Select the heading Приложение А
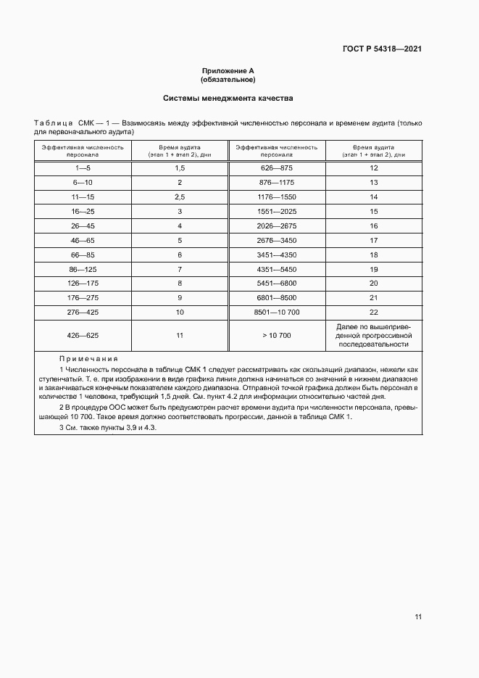click(x=228, y=71)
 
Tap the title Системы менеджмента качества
click(x=228, y=98)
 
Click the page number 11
click(x=418, y=617)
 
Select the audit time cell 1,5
click(x=180, y=168)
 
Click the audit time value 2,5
click(x=180, y=197)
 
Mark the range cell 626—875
click(x=277, y=168)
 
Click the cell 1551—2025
click(x=277, y=211)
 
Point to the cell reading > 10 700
click(x=277, y=336)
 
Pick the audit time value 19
click(x=374, y=268)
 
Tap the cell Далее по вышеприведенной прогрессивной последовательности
click(x=374, y=336)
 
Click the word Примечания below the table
click(x=89, y=359)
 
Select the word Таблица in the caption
click(x=53, y=124)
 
